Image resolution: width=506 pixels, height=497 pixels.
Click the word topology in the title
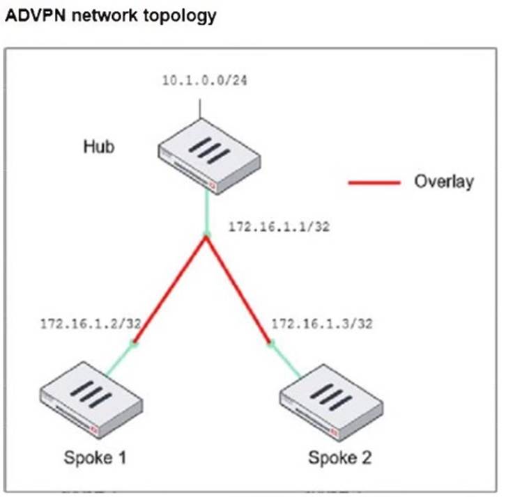[182, 16]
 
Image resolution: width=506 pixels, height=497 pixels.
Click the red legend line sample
[374, 182]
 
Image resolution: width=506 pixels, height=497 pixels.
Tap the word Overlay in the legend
[444, 182]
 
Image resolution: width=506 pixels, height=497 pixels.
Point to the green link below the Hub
[206, 212]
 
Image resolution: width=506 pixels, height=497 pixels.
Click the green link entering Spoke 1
[118, 359]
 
